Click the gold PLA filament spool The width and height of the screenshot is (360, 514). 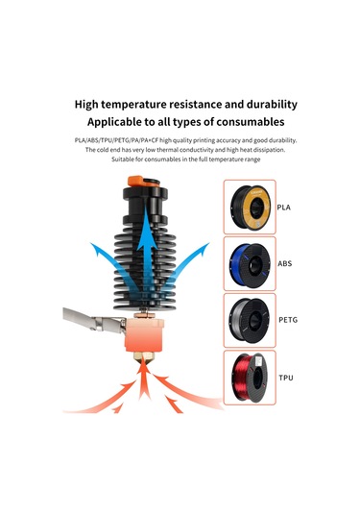252,207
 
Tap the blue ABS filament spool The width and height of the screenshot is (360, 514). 252,262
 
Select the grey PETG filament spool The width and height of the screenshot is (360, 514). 252,317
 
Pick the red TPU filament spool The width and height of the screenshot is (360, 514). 252,376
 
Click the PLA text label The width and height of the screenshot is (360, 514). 284,207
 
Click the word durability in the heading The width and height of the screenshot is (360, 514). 261,104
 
